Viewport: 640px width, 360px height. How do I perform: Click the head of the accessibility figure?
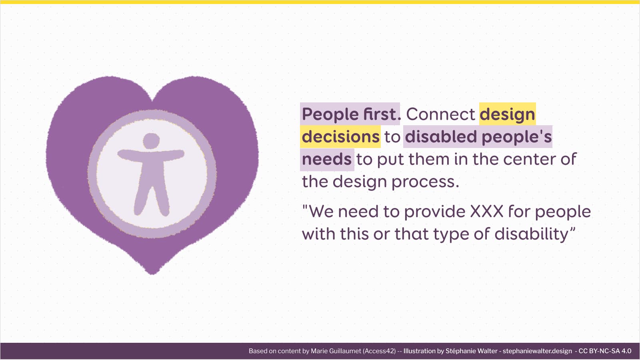pyautogui.click(x=151, y=140)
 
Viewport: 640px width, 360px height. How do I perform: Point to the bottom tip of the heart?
pyautogui.click(x=152, y=274)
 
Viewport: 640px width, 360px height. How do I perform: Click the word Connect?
pyautogui.click(x=440, y=114)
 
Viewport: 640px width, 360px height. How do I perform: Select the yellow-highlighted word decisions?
pyautogui.click(x=340, y=137)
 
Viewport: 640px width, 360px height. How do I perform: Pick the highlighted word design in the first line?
pyautogui.click(x=507, y=115)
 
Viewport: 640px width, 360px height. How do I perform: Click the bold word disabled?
pyautogui.click(x=441, y=136)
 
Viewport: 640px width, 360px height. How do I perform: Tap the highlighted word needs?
pyautogui.click(x=326, y=160)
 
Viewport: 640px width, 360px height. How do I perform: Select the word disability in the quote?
pyautogui.click(x=532, y=234)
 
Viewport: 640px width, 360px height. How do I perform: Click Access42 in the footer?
pyautogui.click(x=379, y=351)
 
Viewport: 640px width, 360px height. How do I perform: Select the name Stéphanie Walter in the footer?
pyautogui.click(x=468, y=351)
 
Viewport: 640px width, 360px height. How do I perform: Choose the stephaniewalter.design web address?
pyautogui.click(x=537, y=351)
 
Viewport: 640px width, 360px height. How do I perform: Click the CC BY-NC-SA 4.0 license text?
pyautogui.click(x=605, y=351)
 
